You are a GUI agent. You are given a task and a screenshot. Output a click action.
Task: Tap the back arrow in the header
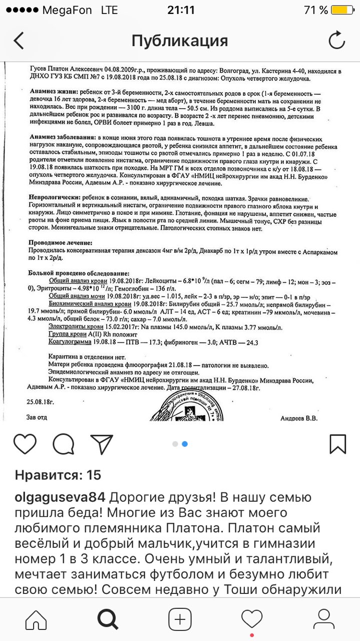[19, 41]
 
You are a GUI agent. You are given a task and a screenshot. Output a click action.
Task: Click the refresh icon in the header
[336, 41]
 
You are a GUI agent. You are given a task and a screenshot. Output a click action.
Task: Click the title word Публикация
[180, 41]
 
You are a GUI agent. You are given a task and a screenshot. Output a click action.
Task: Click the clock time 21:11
[180, 10]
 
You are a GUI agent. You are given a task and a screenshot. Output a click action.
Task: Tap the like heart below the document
[25, 444]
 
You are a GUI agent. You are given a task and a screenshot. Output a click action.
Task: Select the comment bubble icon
[64, 444]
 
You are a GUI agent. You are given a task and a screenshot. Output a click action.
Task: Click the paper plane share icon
[102, 444]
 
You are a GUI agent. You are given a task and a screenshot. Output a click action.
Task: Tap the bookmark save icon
[338, 444]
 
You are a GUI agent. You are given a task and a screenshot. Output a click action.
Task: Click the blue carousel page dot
[185, 444]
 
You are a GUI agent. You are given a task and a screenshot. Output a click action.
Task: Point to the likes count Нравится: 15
[58, 475]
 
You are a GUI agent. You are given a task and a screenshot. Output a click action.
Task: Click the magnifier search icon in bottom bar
[108, 619]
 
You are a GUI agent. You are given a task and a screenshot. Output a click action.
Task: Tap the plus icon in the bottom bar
[179, 619]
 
